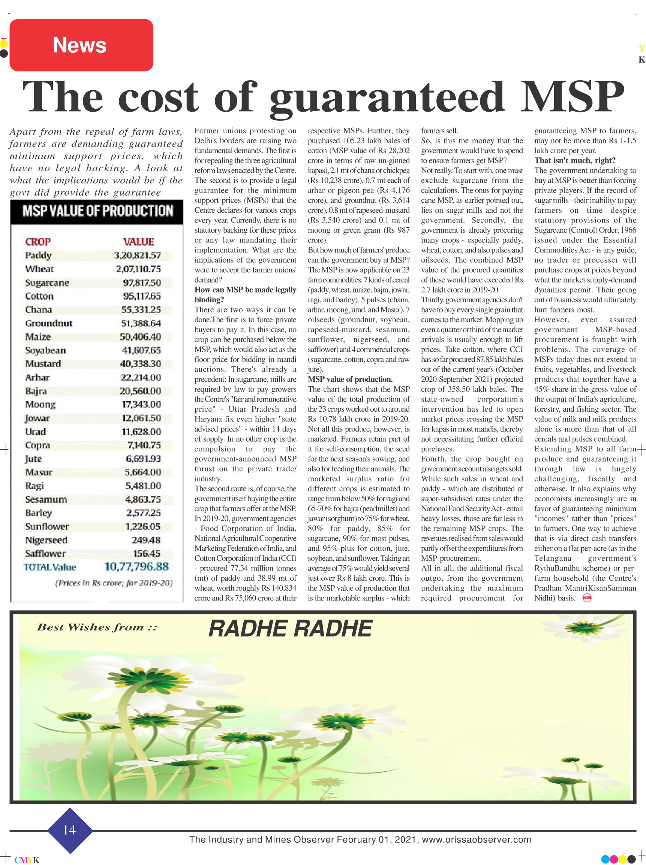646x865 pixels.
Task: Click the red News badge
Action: point(81,45)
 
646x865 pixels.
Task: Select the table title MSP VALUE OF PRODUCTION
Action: point(97,211)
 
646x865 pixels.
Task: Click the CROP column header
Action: point(38,242)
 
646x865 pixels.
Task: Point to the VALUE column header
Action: point(138,242)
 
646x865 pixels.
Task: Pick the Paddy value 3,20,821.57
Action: point(137,255)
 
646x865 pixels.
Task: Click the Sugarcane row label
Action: point(47,282)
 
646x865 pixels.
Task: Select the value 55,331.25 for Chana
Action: point(141,310)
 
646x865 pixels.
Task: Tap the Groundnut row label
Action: point(49,323)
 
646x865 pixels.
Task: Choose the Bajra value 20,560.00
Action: point(141,391)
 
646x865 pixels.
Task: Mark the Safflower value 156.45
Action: point(146,553)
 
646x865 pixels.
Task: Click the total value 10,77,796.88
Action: point(136,566)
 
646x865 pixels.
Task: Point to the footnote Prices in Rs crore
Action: point(114,583)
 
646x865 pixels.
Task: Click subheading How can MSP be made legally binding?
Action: point(245,294)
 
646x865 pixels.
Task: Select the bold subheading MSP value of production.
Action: point(350,379)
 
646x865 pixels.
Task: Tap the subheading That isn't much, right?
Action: point(575,161)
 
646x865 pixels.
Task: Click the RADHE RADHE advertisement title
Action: point(290,629)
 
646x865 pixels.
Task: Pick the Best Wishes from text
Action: point(97,627)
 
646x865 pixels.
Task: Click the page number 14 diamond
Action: point(70,829)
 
